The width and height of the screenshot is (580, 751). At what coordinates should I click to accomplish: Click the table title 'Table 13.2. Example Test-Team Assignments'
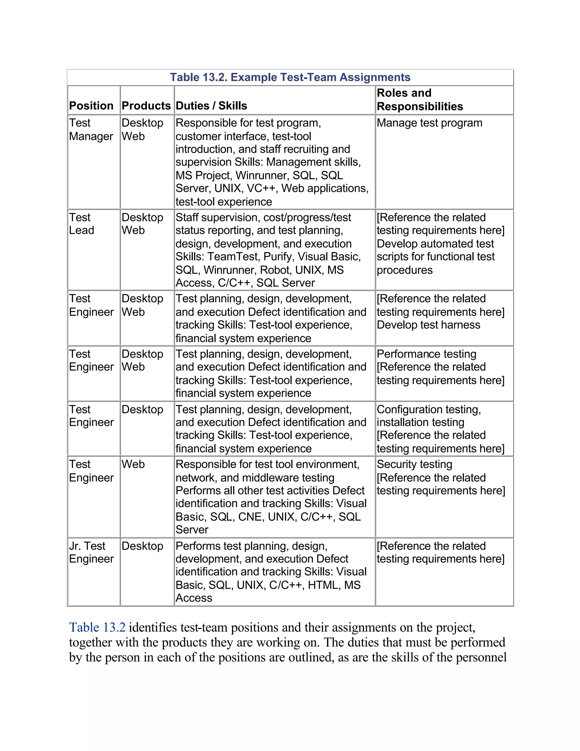(290, 77)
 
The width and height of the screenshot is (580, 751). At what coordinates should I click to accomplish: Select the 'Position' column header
(91, 106)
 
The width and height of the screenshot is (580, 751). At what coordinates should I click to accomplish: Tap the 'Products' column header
(146, 106)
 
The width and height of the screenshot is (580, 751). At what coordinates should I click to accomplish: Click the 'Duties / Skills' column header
(211, 106)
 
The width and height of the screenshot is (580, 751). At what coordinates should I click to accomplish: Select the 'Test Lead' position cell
(82, 224)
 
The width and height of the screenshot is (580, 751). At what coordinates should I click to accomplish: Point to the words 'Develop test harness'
(428, 325)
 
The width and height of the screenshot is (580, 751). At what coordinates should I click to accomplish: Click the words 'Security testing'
(414, 464)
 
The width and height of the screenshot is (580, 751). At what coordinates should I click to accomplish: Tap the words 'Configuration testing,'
(428, 410)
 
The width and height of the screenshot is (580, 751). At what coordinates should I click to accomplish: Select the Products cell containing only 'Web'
(133, 464)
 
